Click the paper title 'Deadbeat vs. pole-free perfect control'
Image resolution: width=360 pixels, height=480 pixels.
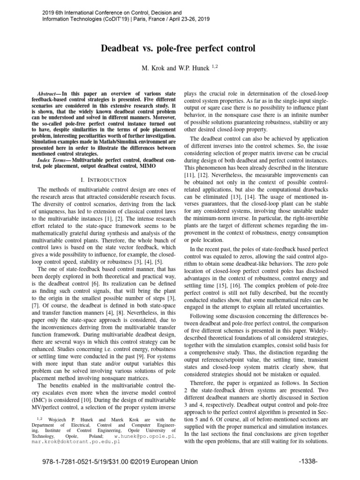pyautogui.click(x=180, y=48)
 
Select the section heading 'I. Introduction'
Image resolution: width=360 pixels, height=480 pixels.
pyautogui.click(x=104, y=180)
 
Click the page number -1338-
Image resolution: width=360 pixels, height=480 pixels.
pyautogui.click(x=308, y=462)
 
